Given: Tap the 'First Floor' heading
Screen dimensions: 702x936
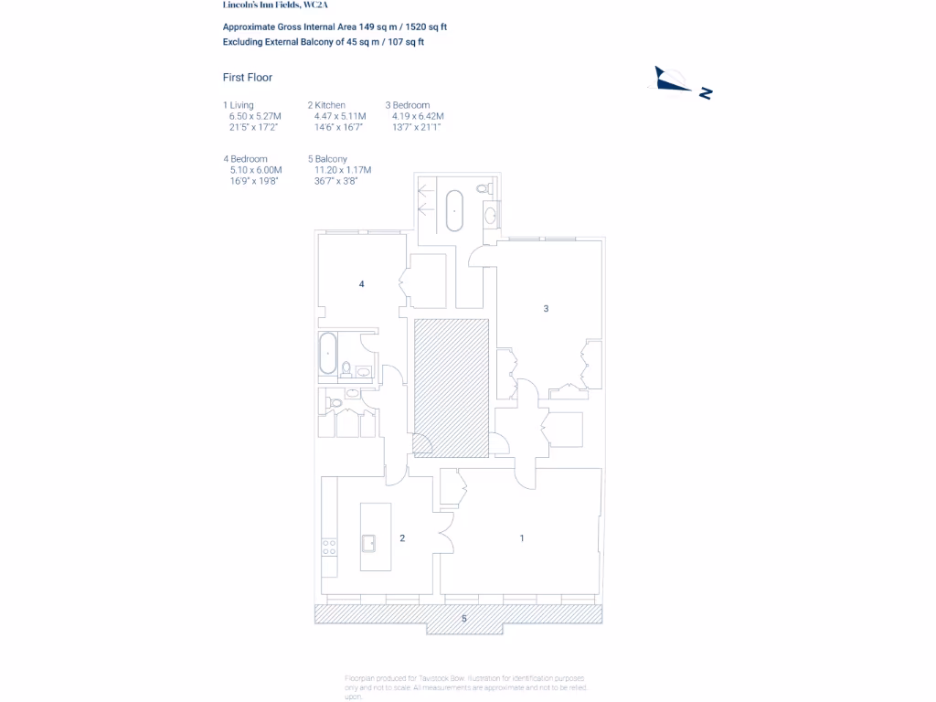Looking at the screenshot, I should (248, 78).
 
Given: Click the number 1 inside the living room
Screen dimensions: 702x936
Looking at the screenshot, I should (522, 538).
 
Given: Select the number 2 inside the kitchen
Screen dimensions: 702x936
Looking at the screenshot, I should (402, 538).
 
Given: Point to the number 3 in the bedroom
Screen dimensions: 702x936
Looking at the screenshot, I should (546, 309).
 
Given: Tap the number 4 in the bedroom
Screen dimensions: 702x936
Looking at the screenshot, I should (362, 284).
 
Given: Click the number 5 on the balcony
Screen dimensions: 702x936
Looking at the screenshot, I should (463, 619).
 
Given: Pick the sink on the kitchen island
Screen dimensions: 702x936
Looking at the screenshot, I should (369, 542).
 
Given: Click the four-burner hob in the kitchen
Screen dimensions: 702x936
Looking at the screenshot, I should (329, 547).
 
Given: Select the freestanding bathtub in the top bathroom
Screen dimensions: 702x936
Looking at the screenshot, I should (454, 211).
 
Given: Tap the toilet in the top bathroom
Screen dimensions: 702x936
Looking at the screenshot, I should (485, 188).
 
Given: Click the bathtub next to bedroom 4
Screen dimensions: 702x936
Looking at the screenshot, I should (327, 353).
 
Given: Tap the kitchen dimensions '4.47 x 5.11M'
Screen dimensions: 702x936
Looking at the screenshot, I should (340, 116).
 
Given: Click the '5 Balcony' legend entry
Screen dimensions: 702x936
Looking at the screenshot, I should (327, 159).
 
